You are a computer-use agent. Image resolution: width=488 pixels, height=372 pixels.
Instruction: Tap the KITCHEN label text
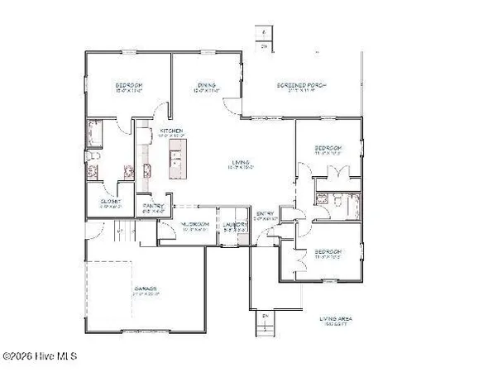coord(171,131)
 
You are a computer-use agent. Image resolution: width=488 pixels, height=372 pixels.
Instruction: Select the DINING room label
coord(206,84)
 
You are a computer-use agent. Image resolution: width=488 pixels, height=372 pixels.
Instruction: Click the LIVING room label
coord(242,162)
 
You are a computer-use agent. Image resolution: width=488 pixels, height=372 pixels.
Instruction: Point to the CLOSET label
coord(111,202)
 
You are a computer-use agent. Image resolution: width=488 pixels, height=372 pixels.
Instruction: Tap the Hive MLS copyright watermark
coord(39,357)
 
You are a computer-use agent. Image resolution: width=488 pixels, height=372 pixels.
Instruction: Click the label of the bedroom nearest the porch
coord(327,150)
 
